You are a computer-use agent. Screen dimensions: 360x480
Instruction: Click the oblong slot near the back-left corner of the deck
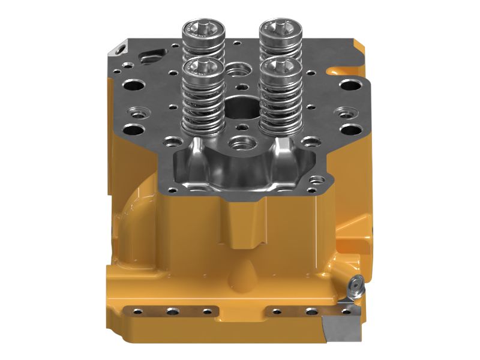click(149, 59)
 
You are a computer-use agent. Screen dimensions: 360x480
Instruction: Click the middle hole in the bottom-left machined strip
click(173, 311)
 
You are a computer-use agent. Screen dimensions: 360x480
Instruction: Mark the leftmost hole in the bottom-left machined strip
click(139, 311)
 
